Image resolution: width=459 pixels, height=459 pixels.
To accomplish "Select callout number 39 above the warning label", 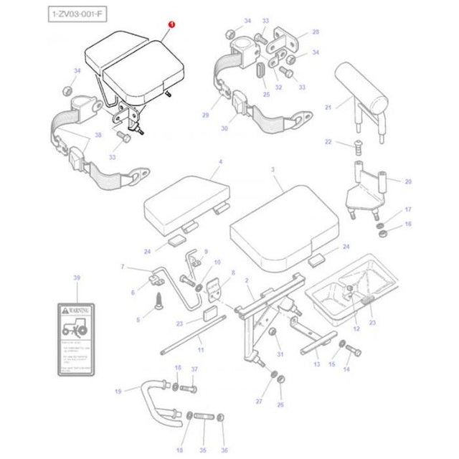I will click(77, 277).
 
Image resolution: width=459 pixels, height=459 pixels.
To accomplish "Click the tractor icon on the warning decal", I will click(75, 329).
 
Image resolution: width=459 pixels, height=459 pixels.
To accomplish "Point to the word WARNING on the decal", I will click(80, 311).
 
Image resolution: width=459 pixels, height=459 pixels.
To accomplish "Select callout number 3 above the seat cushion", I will click(272, 169).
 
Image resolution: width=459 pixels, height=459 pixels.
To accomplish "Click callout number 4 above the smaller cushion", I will click(220, 162).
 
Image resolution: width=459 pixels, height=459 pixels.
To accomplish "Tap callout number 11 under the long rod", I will click(201, 349).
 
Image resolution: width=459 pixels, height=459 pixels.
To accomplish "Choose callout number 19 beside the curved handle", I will click(118, 392).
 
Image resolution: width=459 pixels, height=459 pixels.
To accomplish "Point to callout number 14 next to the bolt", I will click(346, 369).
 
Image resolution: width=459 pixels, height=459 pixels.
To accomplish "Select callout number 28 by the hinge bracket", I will click(315, 32).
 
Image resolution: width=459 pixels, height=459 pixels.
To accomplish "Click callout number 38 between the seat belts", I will click(98, 136).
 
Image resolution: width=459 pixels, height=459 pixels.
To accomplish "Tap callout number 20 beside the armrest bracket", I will click(409, 183).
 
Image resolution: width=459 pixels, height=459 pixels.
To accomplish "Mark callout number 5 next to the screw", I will click(139, 319).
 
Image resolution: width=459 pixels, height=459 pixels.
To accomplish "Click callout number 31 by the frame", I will click(280, 354).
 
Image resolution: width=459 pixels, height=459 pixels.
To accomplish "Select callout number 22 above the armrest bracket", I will click(329, 142).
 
